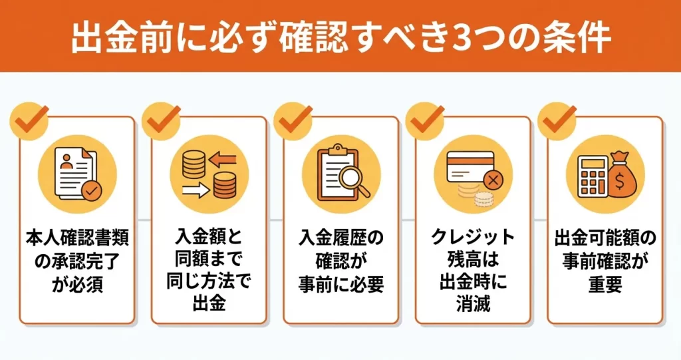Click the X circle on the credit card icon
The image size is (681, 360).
[493, 180]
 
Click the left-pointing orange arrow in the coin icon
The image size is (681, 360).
[222, 159]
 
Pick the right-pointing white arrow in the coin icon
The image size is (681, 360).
[196, 190]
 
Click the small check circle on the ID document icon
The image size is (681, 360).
[92, 191]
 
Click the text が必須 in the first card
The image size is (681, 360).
[77, 285]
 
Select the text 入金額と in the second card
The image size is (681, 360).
[209, 238]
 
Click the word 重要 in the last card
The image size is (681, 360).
[605, 285]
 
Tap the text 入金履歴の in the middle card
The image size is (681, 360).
[341, 238]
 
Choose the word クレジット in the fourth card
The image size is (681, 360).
[473, 238]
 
